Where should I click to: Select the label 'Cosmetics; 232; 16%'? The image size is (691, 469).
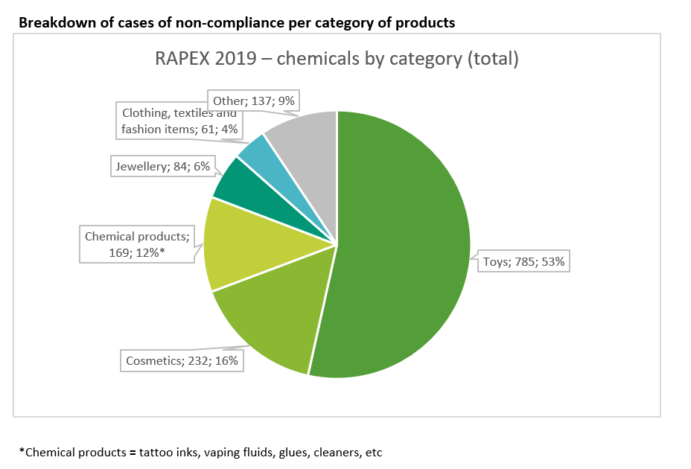182,361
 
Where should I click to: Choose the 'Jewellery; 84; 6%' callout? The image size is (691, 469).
162,166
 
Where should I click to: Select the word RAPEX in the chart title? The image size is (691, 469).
178,59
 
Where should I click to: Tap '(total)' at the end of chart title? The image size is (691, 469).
492,59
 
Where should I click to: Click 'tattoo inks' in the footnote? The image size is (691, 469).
168,452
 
